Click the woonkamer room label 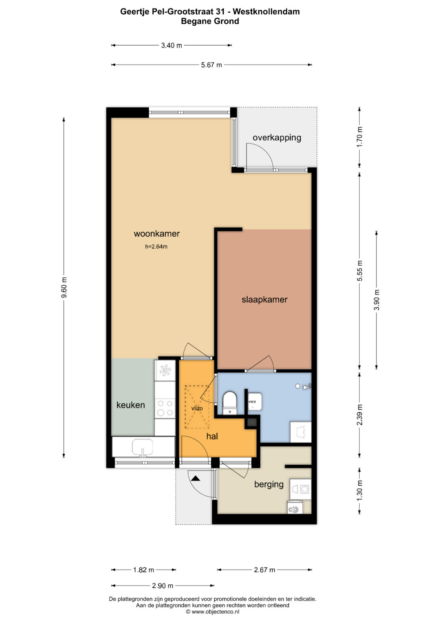coord(157,234)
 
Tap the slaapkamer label coord(264,299)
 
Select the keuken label coord(130,405)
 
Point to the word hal coord(212,436)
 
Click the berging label coord(268,484)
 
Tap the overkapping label coord(277,137)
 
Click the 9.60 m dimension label coord(64,288)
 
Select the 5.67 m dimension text coord(211,65)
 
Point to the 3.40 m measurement coord(172,45)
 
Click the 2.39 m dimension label coord(360,415)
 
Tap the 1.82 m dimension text coord(143,570)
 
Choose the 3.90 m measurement coord(376,300)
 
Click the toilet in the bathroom coord(230,403)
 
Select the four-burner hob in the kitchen coord(165,408)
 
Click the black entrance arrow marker coord(196,478)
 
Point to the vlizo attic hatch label coord(197,408)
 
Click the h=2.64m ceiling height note coord(156,246)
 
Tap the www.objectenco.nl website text coord(215,612)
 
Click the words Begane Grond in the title coord(210,21)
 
